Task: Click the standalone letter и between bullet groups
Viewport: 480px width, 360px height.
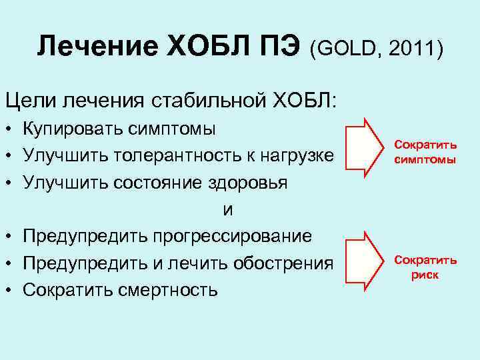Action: [x=227, y=209]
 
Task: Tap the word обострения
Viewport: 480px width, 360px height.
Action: [x=283, y=263]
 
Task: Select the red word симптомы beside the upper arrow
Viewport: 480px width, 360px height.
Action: [x=425, y=160]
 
